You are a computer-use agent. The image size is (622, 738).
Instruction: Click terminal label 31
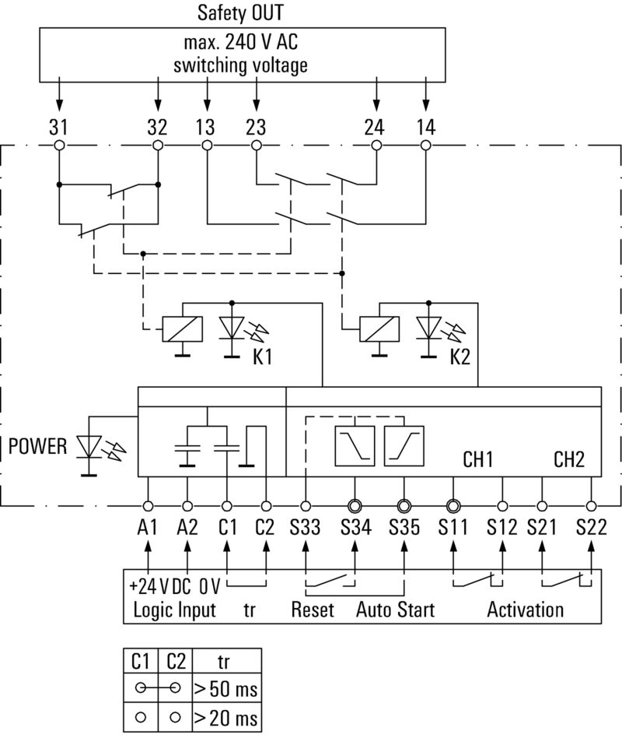pyautogui.click(x=58, y=128)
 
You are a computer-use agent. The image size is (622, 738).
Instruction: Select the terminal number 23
pyautogui.click(x=256, y=128)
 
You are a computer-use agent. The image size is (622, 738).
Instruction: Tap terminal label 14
pyautogui.click(x=425, y=128)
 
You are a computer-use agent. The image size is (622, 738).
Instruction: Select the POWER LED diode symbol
pyautogui.click(x=92, y=450)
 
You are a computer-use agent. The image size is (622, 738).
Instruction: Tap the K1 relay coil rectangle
pyautogui.click(x=182, y=329)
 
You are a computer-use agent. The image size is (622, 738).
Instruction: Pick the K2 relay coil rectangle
pyautogui.click(x=379, y=329)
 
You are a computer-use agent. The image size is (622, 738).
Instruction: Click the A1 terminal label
pyautogui.click(x=147, y=527)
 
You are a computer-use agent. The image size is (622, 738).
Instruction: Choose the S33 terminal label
pyautogui.click(x=305, y=527)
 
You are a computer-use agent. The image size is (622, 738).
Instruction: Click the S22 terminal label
pyautogui.click(x=592, y=527)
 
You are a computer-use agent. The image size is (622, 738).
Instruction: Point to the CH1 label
pyautogui.click(x=479, y=459)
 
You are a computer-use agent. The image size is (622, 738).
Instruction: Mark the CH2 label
pyautogui.click(x=569, y=459)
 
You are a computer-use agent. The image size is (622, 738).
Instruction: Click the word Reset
pyautogui.click(x=313, y=609)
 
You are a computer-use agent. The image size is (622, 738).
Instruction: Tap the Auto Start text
pyautogui.click(x=395, y=609)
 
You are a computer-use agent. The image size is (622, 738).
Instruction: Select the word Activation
pyautogui.click(x=525, y=609)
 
